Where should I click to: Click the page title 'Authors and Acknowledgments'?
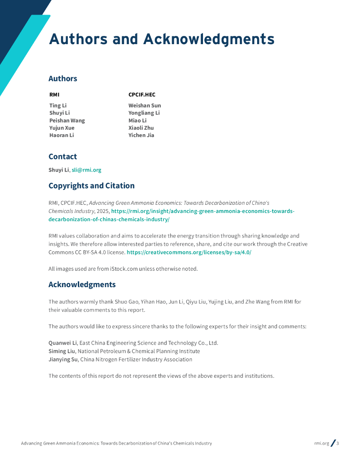(162, 39)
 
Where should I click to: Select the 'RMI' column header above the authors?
(54, 95)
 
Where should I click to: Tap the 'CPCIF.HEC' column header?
(142, 95)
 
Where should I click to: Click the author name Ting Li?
(58, 106)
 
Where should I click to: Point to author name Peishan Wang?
(67, 121)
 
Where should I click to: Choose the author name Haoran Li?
(61, 135)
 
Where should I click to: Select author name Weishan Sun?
(144, 106)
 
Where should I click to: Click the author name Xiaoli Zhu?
(141, 128)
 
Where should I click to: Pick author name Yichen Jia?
(141, 135)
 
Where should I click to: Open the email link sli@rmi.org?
(86, 170)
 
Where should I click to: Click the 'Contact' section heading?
(63, 157)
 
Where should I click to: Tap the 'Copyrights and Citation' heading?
(91, 186)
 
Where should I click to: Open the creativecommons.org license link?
(189, 252)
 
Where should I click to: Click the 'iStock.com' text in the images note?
(122, 268)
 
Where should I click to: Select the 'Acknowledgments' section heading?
(82, 284)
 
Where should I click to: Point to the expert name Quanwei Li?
(62, 343)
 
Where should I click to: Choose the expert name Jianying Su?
(63, 360)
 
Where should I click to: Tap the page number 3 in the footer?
(338, 443)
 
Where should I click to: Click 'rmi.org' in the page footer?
(321, 443)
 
